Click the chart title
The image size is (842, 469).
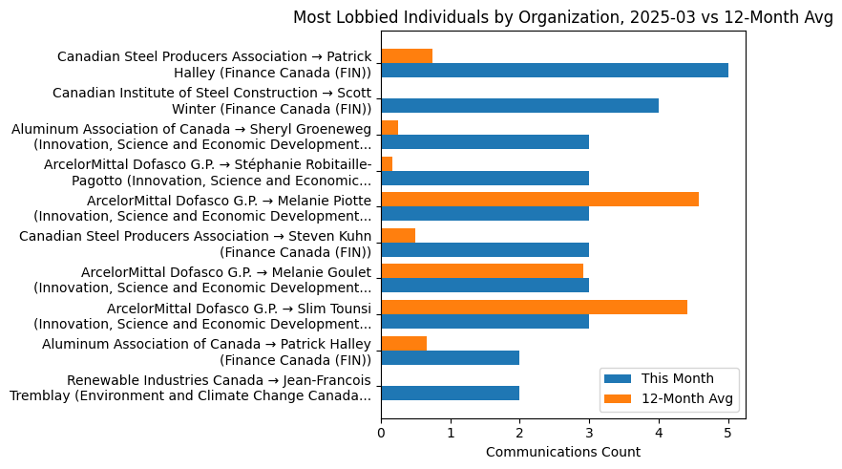562,16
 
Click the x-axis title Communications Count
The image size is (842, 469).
562,452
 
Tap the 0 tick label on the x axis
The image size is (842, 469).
381,433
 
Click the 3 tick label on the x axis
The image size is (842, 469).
589,433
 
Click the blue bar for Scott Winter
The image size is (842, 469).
519,106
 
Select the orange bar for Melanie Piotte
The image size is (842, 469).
539,199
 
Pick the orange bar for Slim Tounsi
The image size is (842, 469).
534,307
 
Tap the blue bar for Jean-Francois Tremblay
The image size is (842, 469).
450,393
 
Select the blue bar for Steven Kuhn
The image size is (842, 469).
485,249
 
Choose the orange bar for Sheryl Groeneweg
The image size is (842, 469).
389,127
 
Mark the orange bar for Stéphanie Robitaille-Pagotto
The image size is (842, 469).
387,163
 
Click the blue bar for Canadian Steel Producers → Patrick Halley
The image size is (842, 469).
554,70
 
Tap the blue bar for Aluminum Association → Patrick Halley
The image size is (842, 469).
450,357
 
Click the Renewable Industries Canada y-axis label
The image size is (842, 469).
191,389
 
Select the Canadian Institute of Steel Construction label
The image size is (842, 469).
212,100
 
